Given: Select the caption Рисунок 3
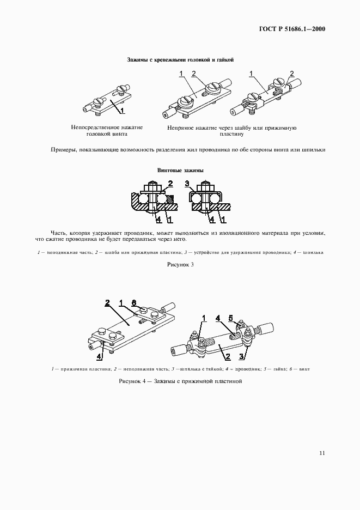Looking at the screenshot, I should [180, 264].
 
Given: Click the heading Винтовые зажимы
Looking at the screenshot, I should [180, 171].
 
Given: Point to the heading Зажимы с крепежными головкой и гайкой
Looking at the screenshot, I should [180, 60].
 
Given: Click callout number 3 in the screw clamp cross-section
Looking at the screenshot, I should [187, 183].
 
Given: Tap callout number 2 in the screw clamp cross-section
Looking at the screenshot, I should [170, 183].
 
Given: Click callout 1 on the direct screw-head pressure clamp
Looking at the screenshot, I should [123, 110].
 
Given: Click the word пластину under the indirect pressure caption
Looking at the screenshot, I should [231, 133].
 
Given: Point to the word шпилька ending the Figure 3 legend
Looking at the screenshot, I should [314, 253].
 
